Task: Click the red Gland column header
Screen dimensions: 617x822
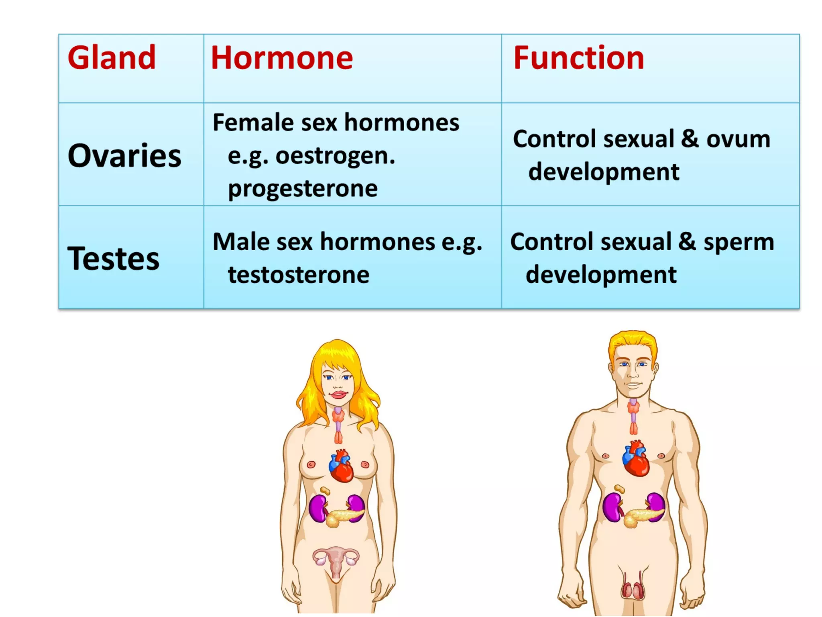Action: click(112, 58)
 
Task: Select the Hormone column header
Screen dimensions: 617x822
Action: click(282, 58)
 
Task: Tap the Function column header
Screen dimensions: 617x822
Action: click(579, 58)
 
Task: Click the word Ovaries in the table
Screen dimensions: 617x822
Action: click(124, 156)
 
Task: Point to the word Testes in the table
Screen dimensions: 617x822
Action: click(114, 259)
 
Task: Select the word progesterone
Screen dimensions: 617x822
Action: click(303, 188)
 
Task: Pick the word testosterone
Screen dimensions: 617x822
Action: click(299, 275)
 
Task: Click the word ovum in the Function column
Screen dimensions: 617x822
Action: click(738, 139)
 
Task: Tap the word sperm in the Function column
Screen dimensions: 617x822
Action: click(739, 242)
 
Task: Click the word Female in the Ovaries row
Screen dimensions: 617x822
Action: click(253, 123)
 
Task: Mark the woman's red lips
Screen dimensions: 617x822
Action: click(338, 394)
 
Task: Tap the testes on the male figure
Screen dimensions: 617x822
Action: click(633, 590)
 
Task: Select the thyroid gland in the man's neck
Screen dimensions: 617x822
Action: click(633, 408)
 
